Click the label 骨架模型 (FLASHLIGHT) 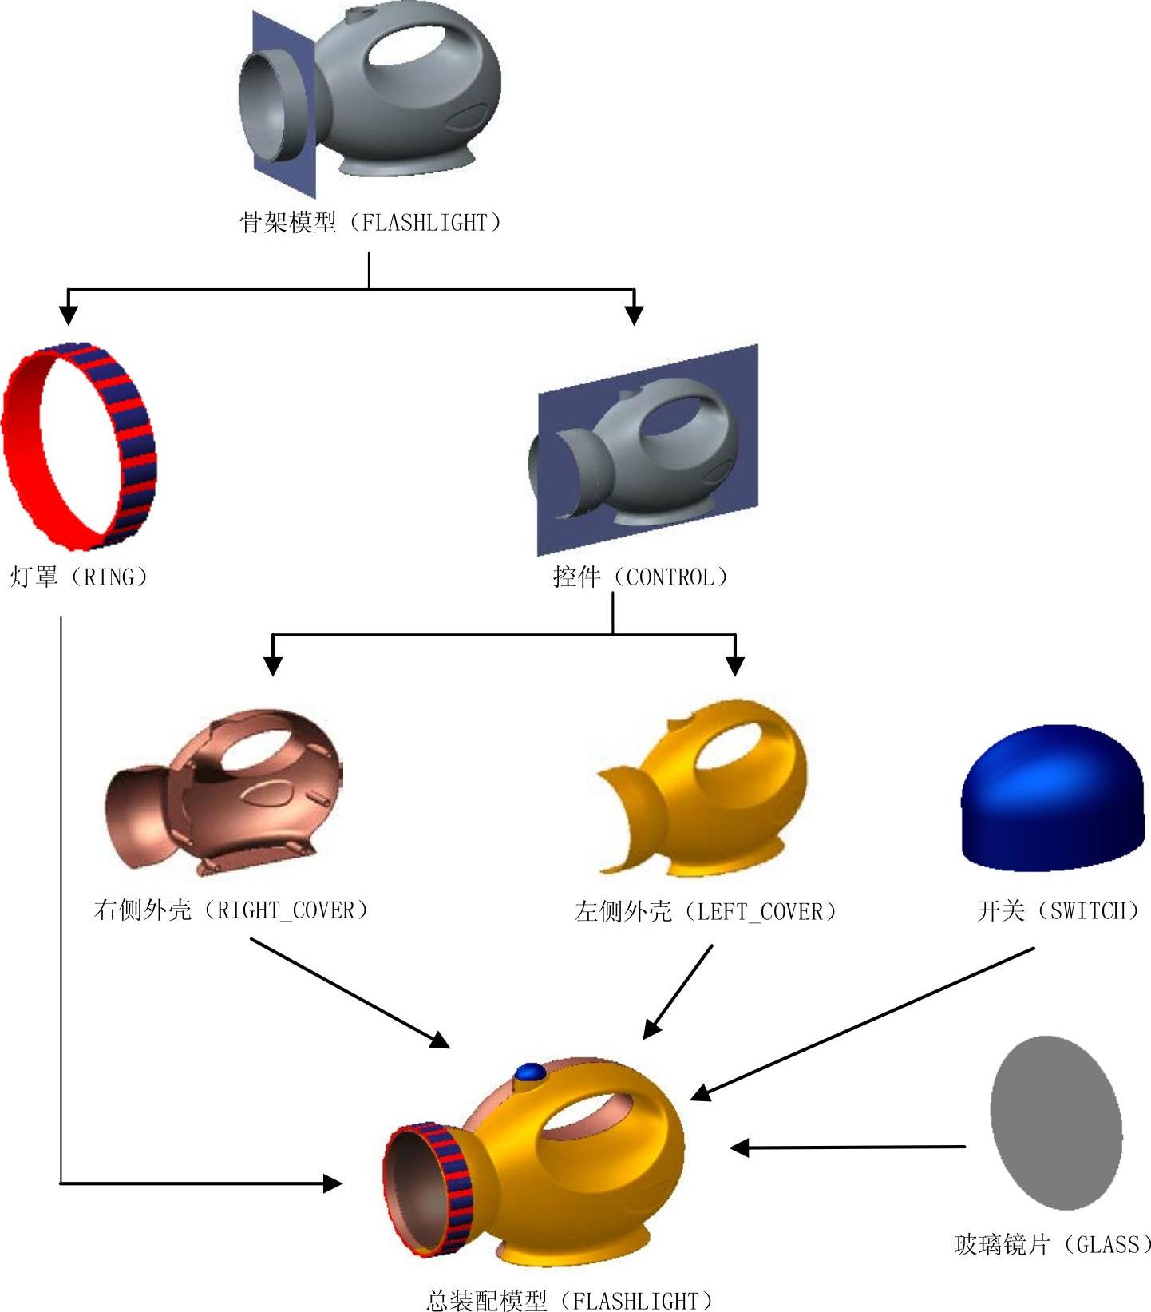tap(370, 222)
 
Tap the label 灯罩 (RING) tap(78, 577)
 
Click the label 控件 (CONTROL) tap(640, 577)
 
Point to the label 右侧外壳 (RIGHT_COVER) tap(231, 910)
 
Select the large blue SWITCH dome tap(1052, 799)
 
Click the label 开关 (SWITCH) tap(1058, 910)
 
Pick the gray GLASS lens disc tap(1056, 1122)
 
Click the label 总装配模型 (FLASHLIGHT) tap(570, 1301)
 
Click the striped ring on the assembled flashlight tap(447, 1190)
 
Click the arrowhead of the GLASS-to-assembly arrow tap(739, 1148)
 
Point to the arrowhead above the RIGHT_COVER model tap(273, 665)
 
